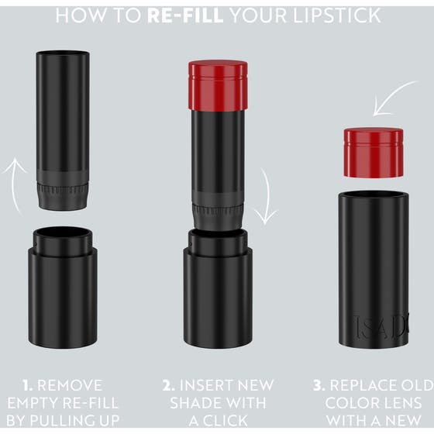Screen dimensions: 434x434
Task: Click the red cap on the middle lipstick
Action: coord(217,84)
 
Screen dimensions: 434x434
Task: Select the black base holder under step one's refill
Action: coord(63,287)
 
